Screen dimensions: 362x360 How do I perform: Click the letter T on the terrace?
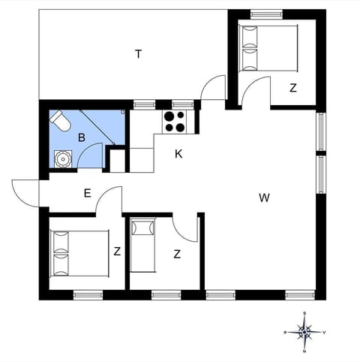139,53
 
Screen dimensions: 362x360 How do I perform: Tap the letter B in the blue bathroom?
81,137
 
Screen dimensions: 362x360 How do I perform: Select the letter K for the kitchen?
178,154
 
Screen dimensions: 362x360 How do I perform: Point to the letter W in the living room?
264,198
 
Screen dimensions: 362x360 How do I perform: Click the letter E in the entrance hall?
87,193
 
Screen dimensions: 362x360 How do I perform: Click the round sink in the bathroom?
62,158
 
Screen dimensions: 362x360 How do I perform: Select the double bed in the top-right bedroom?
268,48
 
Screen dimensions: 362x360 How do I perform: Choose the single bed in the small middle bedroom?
142,245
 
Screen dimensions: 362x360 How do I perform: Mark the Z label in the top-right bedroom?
293,88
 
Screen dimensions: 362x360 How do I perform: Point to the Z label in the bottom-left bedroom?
117,252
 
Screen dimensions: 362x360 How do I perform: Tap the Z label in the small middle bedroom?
177,254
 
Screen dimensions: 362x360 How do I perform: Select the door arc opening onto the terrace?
214,86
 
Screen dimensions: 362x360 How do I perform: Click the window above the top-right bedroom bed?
266,13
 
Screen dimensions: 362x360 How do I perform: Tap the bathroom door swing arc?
89,155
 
